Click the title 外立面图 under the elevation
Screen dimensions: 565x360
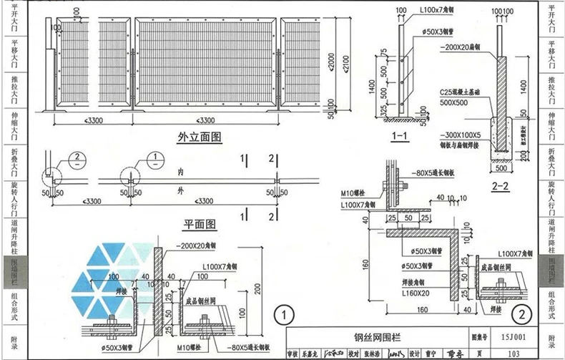(x=200, y=136)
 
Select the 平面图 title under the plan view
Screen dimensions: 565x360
(x=200, y=224)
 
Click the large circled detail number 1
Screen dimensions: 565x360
(x=285, y=314)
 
